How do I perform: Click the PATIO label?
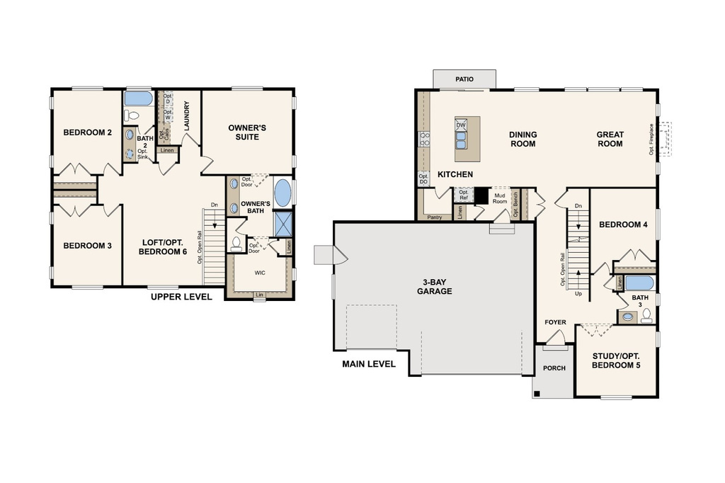[x=464, y=79]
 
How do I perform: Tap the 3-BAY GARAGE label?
[x=434, y=285]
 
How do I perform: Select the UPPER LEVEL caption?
[x=181, y=297]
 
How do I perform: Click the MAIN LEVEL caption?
[x=369, y=365]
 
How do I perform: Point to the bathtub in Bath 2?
[x=138, y=98]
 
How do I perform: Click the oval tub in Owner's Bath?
[x=282, y=192]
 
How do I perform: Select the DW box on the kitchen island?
[x=461, y=125]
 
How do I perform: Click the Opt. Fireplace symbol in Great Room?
[x=663, y=140]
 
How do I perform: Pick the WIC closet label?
[x=260, y=271]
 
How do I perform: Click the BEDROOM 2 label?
[x=88, y=132]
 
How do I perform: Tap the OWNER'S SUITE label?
[x=247, y=132]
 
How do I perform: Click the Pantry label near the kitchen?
[x=435, y=217]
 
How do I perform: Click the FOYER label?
[x=555, y=322]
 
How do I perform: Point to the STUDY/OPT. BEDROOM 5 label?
[x=615, y=360]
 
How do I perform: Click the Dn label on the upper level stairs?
[x=215, y=205]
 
